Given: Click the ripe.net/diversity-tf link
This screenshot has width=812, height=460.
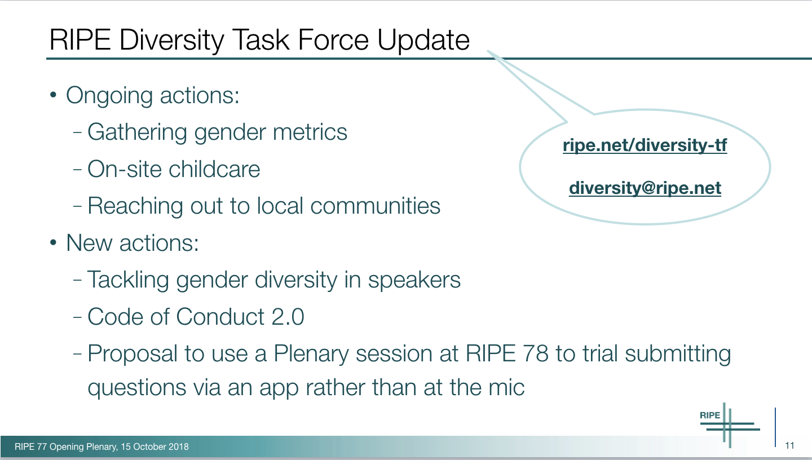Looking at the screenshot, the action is (645, 145).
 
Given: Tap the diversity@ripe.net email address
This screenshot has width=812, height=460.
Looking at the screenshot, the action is (645, 188).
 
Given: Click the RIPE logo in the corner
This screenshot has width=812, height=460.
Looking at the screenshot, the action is (729, 425).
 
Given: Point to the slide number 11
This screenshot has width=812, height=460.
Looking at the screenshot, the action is (790, 445).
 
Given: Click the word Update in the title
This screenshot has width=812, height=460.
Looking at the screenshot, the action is (423, 40).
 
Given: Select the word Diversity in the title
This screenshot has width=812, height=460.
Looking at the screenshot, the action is (171, 40).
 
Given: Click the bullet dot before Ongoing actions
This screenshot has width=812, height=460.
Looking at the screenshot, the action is (53, 95).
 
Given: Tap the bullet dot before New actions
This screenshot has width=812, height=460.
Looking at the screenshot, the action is (53, 242).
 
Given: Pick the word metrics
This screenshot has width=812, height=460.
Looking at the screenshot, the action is (310, 132).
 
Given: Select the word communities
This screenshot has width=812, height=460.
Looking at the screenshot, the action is (375, 206).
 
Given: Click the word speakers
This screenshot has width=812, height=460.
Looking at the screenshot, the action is (414, 281).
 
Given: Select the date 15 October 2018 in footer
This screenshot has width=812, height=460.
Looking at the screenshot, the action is (155, 446).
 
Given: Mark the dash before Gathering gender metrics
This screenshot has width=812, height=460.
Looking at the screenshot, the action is (77, 132).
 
